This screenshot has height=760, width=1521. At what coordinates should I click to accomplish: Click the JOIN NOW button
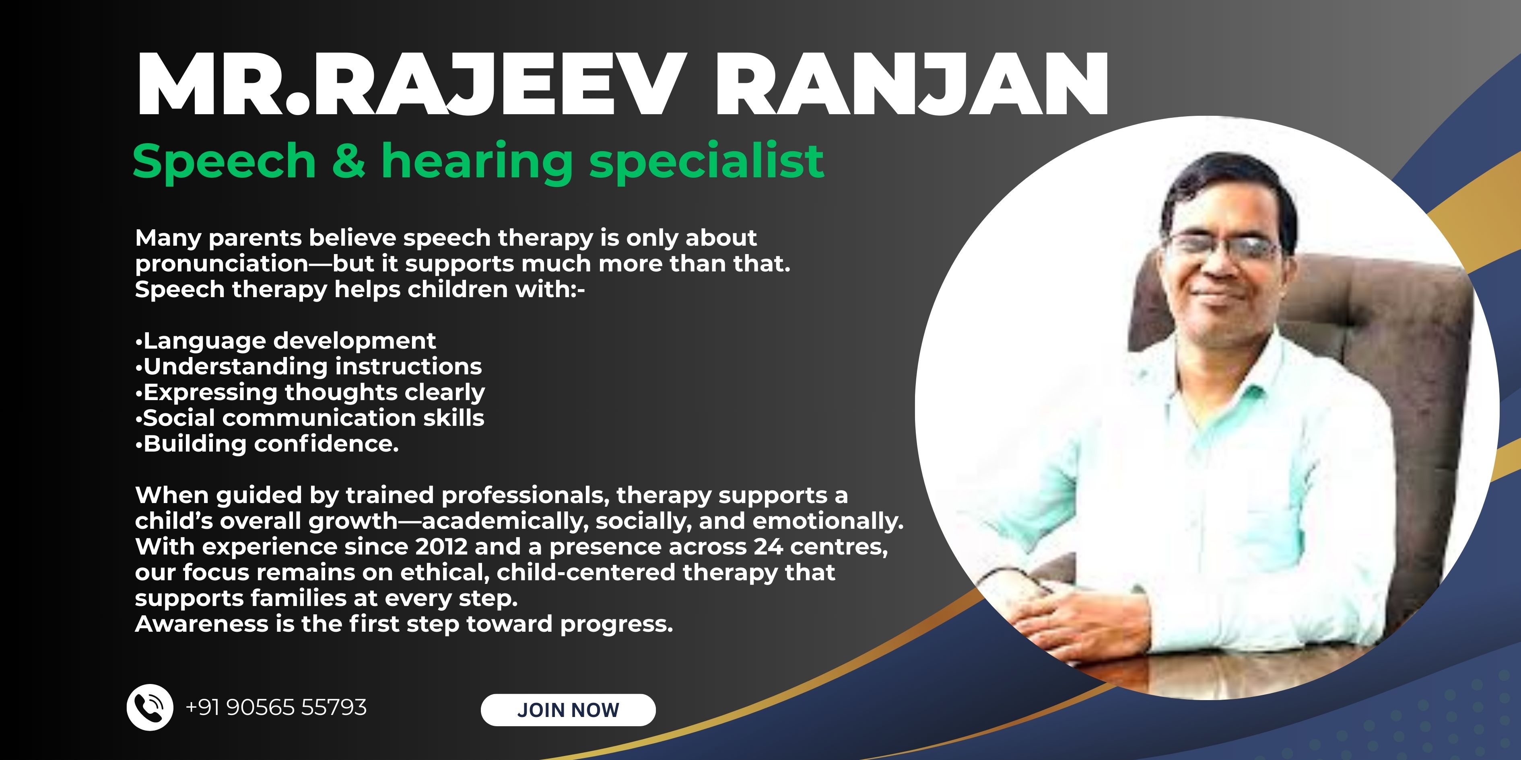(x=568, y=709)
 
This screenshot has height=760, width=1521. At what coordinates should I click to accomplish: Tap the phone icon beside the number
(x=150, y=707)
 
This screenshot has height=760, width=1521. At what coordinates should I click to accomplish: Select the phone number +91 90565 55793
(x=276, y=707)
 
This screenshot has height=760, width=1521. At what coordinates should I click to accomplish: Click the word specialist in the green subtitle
(x=706, y=162)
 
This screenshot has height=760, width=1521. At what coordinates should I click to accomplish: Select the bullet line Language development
(x=286, y=341)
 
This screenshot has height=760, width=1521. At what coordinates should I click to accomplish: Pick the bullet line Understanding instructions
(x=309, y=366)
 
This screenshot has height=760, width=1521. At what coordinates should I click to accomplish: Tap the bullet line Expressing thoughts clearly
(x=310, y=392)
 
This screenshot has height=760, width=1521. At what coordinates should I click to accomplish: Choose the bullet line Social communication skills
(x=309, y=418)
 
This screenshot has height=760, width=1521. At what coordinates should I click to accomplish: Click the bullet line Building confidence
(x=267, y=444)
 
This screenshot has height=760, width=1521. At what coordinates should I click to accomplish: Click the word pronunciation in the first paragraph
(x=221, y=264)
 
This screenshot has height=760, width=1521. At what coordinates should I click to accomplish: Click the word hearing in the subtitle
(x=477, y=162)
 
